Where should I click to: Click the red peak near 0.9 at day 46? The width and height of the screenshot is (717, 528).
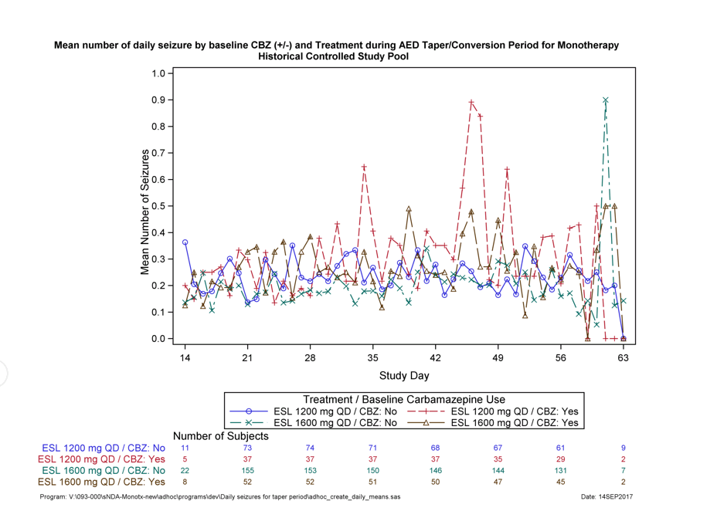(471, 102)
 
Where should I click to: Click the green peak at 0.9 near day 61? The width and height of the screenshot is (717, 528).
(606, 100)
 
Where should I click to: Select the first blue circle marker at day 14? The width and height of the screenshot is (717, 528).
(185, 242)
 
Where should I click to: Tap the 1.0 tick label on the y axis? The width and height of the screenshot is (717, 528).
(158, 73)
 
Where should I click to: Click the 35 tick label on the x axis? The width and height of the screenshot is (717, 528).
(372, 358)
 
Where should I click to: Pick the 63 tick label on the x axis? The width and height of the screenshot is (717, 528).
(623, 358)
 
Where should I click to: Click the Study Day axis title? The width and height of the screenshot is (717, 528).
(403, 376)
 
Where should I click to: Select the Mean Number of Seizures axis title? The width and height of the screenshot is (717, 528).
(144, 206)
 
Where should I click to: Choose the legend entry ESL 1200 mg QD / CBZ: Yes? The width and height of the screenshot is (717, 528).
(514, 411)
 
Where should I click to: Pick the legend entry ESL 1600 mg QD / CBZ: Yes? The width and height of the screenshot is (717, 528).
(514, 423)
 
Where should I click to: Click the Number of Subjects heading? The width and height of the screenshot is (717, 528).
(221, 437)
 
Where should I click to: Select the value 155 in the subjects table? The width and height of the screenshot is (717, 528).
(247, 470)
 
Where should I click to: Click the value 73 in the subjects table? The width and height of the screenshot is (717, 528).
(247, 448)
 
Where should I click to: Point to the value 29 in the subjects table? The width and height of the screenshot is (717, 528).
(560, 459)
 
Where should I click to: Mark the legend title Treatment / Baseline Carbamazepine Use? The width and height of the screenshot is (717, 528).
(403, 399)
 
